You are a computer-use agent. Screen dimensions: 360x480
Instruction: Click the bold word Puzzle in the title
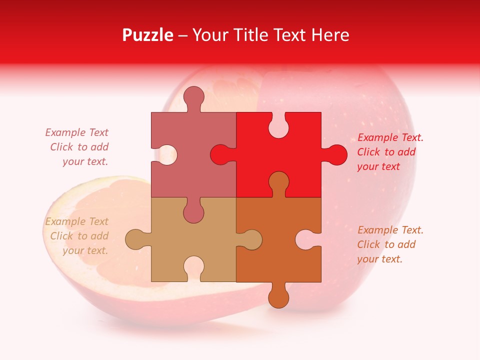coord(147,35)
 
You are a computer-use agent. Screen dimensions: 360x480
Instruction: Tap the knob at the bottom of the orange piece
coord(279,297)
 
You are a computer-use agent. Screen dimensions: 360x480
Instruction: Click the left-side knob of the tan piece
coord(135,239)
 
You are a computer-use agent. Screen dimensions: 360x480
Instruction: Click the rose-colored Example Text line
coord(76,132)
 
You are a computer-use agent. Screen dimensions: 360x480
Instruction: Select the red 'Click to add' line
coord(386,152)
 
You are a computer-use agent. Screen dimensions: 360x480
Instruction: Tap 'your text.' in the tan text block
coord(85,250)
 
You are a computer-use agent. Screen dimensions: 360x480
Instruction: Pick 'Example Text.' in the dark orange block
coord(390,230)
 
